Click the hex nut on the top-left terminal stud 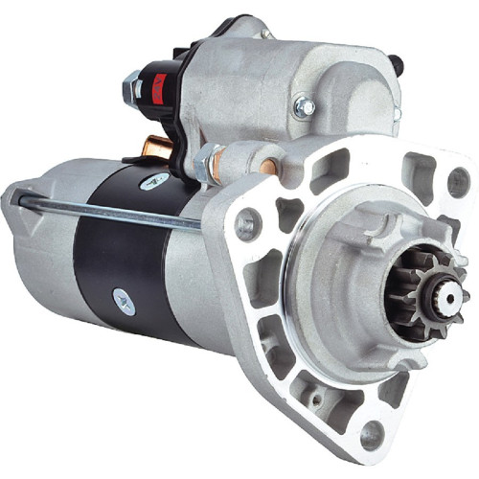(x=131, y=87)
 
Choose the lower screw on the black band (x=125, y=300)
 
